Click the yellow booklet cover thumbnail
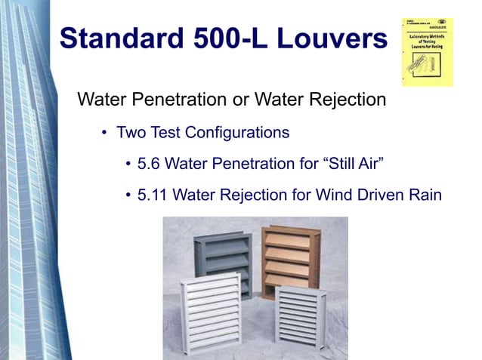pyautogui.click(x=427, y=51)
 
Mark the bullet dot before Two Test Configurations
pyautogui.click(x=105, y=134)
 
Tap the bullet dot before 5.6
pyautogui.click(x=128, y=164)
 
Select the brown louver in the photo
pyautogui.click(x=286, y=257)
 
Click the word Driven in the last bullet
pyautogui.click(x=370, y=195)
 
